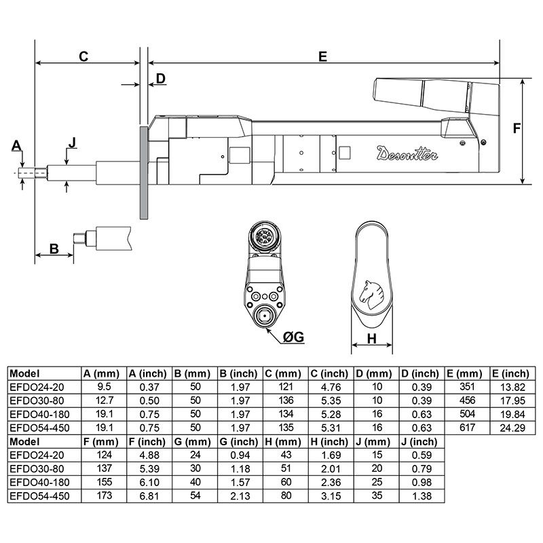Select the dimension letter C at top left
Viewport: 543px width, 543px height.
pyautogui.click(x=83, y=56)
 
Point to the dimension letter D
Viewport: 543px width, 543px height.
pyautogui.click(x=160, y=79)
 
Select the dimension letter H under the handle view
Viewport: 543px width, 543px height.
pyautogui.click(x=372, y=339)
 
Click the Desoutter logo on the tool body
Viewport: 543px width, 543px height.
pyautogui.click(x=407, y=153)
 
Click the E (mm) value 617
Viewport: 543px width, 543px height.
pyautogui.click(x=467, y=428)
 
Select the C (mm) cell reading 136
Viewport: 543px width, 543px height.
pyautogui.click(x=285, y=400)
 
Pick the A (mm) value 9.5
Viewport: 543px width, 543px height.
pyautogui.click(x=103, y=387)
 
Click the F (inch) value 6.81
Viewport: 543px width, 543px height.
pyautogui.click(x=149, y=495)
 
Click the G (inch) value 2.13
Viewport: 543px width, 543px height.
pyautogui.click(x=240, y=495)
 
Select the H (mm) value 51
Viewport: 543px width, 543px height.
pyautogui.click(x=285, y=468)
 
